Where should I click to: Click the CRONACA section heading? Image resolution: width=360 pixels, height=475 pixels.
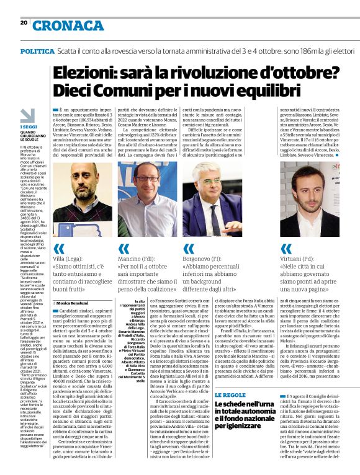click(x=68, y=25)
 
